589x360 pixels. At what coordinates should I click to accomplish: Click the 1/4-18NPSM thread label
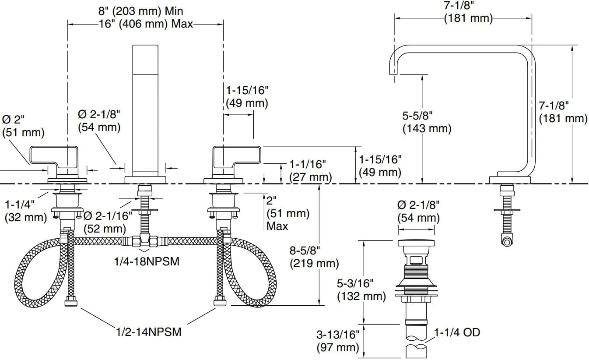pyautogui.click(x=147, y=261)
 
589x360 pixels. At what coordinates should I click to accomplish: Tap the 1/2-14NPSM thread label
pyautogui.click(x=149, y=332)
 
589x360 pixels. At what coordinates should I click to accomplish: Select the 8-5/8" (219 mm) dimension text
pyautogui.click(x=314, y=257)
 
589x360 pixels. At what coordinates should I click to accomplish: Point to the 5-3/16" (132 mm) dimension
pyautogui.click(x=361, y=290)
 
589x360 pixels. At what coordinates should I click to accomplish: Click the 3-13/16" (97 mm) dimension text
pyautogui.click(x=338, y=341)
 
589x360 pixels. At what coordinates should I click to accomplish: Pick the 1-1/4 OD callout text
pyautogui.click(x=457, y=333)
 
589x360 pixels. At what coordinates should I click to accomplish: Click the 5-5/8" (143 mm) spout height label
pyautogui.click(x=427, y=122)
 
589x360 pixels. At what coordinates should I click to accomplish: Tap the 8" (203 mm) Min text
pyautogui.click(x=140, y=11)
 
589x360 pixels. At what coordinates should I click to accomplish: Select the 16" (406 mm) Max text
pyautogui.click(x=146, y=24)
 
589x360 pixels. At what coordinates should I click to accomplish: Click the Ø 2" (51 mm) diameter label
pyautogui.click(x=23, y=126)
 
